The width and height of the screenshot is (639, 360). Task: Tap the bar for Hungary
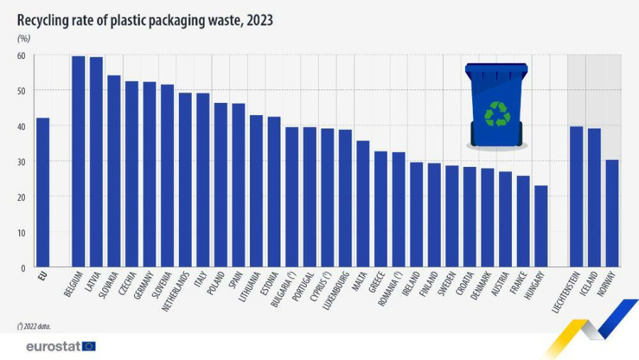[541, 227]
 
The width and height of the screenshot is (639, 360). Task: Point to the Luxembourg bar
[345, 198]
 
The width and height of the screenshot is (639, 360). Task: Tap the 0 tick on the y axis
[23, 268]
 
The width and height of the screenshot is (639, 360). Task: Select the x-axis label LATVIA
[93, 282]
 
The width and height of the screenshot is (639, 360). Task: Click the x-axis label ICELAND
[592, 283]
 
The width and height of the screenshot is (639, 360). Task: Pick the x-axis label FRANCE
[521, 283]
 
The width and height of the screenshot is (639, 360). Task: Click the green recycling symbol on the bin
[497, 114]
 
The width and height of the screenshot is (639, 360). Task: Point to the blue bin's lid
[496, 70]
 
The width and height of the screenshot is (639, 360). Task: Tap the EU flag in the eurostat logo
[89, 347]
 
